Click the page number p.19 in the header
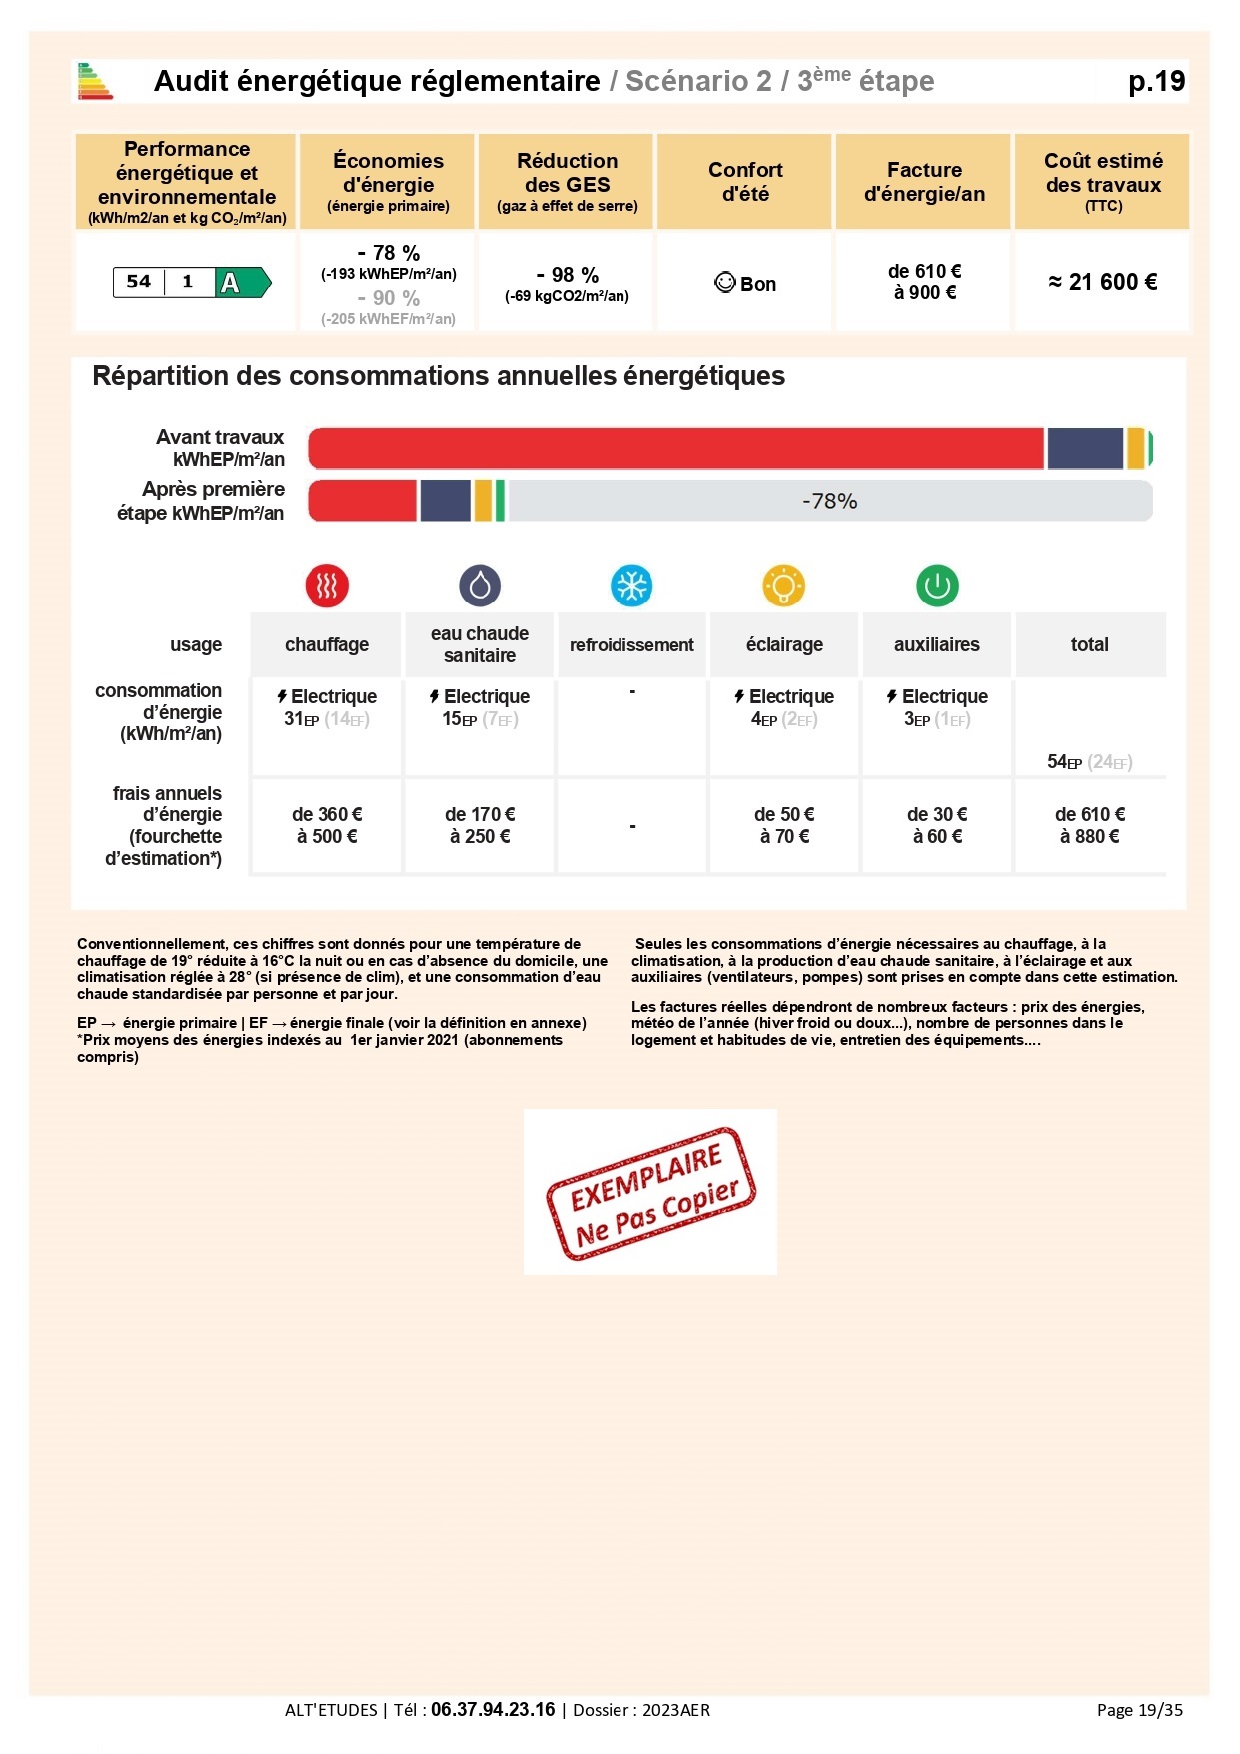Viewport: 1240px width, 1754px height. tap(1156, 82)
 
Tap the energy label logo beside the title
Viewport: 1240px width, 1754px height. tap(96, 82)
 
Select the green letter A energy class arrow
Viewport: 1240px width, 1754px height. tap(241, 283)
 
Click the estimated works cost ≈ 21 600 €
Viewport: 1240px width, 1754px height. tap(1102, 283)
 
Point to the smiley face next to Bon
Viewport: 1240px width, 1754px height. tap(725, 283)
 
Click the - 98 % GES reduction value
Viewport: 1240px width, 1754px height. tap(567, 275)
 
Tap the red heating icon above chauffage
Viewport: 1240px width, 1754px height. tap(327, 586)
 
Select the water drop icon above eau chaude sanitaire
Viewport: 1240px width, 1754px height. tap(480, 586)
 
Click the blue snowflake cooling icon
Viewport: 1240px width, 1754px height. tap(631, 586)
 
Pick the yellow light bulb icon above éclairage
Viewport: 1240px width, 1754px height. tap(784, 586)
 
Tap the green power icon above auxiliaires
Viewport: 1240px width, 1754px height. tap(937, 586)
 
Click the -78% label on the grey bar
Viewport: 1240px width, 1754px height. tap(829, 501)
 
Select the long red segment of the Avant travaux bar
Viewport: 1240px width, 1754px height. tap(675, 449)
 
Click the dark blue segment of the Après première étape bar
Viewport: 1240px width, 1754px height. tap(445, 501)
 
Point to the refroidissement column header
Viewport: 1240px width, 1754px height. tap(631, 645)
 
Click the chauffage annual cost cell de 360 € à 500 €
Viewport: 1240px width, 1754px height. tap(327, 826)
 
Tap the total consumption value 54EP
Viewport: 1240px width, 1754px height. tap(1064, 762)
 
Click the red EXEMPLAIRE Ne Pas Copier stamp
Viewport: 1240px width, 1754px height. tap(650, 1192)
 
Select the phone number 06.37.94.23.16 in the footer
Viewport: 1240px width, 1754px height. tap(493, 1710)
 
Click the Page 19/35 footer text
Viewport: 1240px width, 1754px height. tap(1139, 1710)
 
